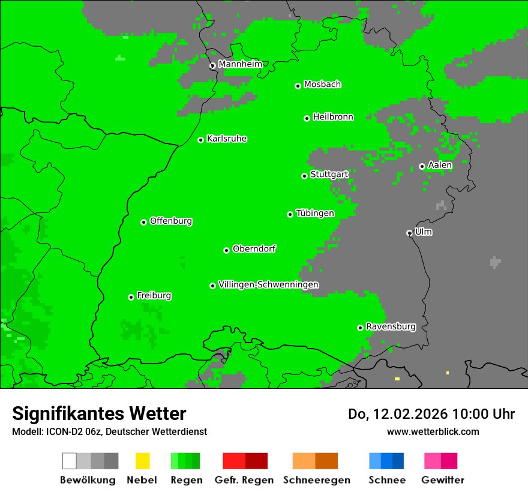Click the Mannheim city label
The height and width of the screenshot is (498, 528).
tap(240, 64)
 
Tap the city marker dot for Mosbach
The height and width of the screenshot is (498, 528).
tap(298, 86)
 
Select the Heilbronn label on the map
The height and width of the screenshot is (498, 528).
tap(333, 117)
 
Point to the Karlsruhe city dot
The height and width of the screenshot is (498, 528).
tap(201, 140)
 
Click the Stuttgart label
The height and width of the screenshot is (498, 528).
tap(329, 175)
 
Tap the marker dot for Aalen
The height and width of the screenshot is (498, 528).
tap(422, 166)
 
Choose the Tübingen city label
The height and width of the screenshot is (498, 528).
tap(315, 213)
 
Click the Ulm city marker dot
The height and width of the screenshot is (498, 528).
tap(409, 233)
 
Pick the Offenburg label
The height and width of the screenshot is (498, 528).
tap(171, 221)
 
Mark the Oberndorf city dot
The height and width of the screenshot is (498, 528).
tap(226, 250)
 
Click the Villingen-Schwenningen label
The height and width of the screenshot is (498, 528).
tap(269, 284)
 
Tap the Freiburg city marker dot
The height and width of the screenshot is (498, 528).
tap(131, 297)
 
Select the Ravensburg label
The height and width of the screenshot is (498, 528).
tap(391, 326)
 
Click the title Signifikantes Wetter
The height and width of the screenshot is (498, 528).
tap(99, 413)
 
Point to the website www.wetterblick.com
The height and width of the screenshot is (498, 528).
tap(433, 431)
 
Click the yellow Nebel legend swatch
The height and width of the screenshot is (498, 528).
tap(142, 461)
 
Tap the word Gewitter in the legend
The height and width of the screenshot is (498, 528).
tap(443, 480)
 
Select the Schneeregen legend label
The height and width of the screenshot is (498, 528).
tap(317, 480)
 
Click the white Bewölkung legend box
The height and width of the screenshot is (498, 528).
tap(70, 461)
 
